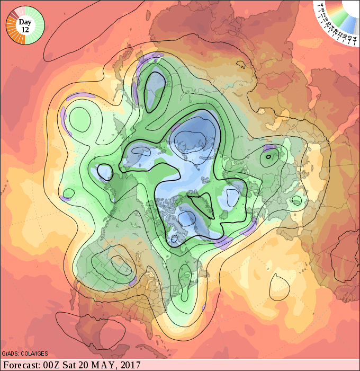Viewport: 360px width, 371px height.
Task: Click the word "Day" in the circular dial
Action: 25,22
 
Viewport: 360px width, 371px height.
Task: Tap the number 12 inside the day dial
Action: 25,30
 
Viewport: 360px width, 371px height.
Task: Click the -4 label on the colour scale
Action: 321,5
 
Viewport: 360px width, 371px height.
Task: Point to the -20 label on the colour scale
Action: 328,24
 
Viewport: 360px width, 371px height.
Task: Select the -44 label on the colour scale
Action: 354,41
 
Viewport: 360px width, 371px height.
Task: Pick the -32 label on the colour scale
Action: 339,35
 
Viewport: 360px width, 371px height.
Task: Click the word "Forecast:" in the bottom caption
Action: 23,365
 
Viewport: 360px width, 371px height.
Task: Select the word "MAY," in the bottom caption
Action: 103,365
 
